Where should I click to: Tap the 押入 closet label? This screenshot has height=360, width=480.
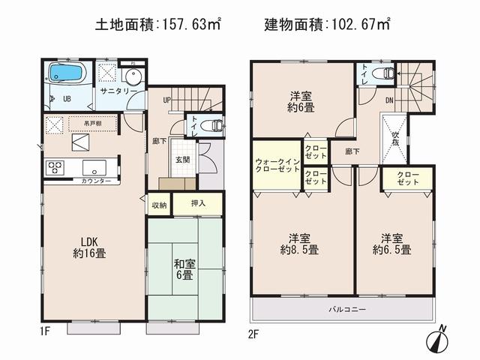[x=198, y=202]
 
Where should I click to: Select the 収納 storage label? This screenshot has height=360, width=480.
[x=159, y=204]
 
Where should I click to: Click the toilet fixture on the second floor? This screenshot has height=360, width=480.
[x=388, y=73]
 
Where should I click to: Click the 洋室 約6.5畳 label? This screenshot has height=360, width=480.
[x=394, y=242]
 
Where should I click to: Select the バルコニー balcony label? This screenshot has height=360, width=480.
[x=344, y=308]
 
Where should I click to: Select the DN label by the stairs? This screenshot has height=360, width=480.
[x=390, y=100]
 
